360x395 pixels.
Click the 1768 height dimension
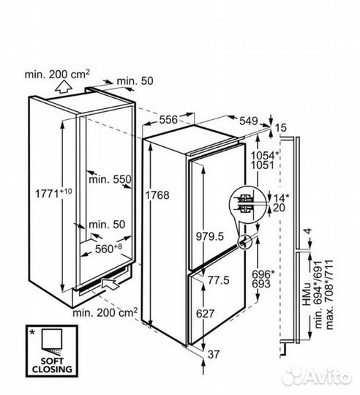point(158,195)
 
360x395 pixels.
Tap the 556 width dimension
point(168,119)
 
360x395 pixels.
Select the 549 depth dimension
point(248,121)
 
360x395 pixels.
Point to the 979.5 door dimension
point(210,236)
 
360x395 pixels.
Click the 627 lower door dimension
point(206,314)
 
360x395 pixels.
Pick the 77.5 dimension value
point(219,280)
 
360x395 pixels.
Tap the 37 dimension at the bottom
point(214,355)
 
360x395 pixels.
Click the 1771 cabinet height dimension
point(53,193)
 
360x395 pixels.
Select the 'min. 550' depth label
point(110,179)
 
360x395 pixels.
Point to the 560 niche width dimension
point(108,248)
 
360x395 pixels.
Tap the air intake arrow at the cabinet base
point(110,283)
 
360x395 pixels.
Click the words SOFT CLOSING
point(52,365)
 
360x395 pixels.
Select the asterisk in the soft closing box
point(32,333)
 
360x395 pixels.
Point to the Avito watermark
point(316,377)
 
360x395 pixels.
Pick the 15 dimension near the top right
point(280,128)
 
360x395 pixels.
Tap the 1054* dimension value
point(265,155)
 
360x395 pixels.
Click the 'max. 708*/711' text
point(330,295)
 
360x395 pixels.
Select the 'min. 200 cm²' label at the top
point(57,74)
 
